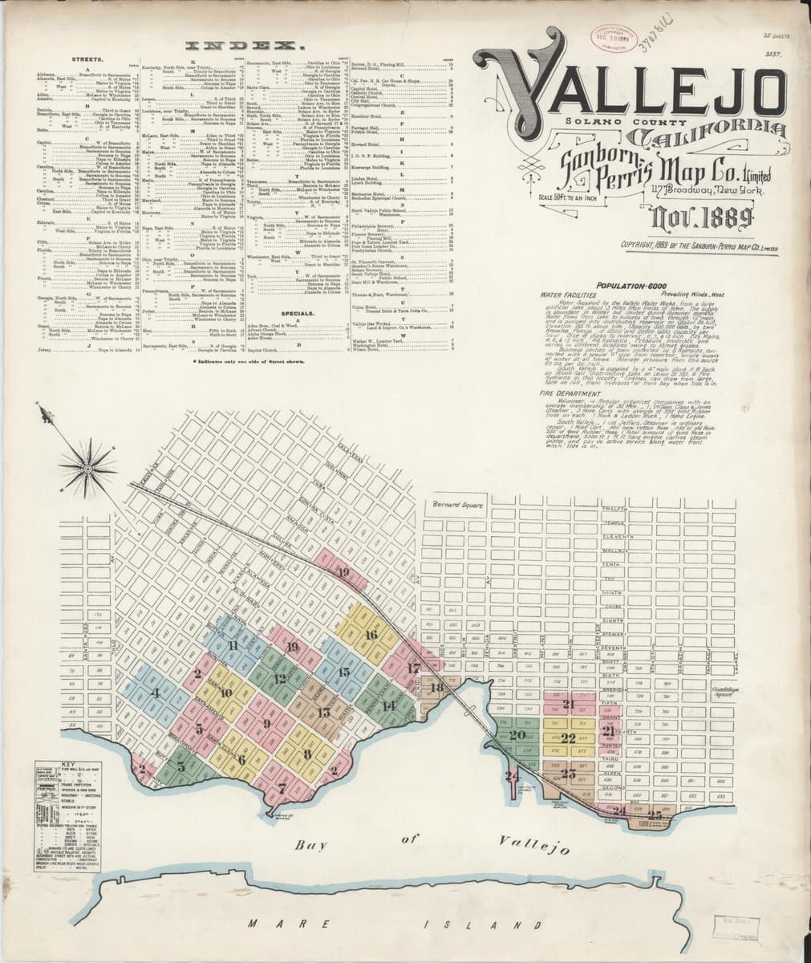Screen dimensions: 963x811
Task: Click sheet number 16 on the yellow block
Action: pos(371,635)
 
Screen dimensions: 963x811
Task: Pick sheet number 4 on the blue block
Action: pos(156,693)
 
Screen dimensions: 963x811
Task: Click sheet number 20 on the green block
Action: pos(517,734)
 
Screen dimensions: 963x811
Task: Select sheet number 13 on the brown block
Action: pos(324,712)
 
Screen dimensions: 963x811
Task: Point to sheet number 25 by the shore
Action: pos(655,815)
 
